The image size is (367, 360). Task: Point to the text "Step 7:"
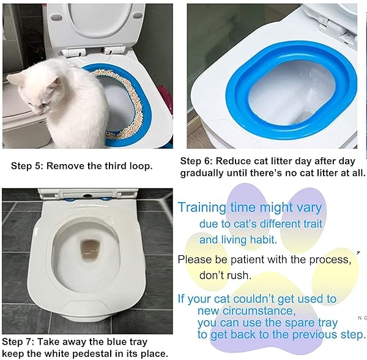coord(18,342)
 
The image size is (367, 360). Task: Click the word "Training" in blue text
coord(202,208)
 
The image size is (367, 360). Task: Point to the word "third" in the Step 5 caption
coord(116,166)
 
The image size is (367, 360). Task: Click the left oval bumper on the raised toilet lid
coord(56,17)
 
